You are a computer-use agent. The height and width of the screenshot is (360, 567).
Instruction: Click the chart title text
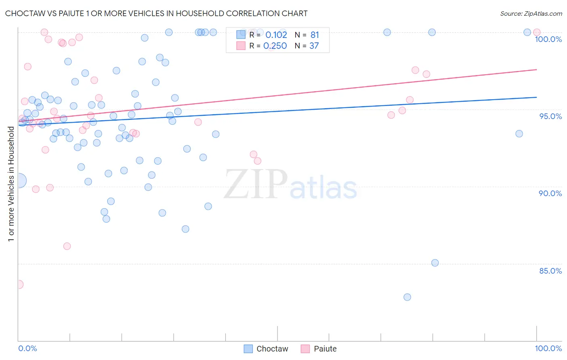point(156,13)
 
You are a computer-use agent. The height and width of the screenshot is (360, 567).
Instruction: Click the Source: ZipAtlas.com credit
point(531,13)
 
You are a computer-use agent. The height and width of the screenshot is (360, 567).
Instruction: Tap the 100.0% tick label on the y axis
point(548,39)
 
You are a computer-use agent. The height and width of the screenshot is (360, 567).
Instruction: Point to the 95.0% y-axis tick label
point(550,116)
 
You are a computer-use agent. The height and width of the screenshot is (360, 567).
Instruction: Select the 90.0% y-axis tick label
point(550,193)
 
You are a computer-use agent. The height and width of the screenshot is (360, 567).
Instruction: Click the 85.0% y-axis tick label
point(550,271)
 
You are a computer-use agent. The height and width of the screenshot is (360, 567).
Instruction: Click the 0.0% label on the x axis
point(27,348)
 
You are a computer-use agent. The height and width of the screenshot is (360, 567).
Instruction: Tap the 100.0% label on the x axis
point(548,348)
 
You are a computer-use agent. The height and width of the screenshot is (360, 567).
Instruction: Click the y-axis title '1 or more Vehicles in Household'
point(11,184)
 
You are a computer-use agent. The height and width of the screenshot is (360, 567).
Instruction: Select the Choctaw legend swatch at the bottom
point(248,349)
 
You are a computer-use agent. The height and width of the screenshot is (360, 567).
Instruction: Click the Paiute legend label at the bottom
point(325,349)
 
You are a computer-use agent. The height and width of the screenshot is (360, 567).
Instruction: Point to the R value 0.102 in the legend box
point(276,35)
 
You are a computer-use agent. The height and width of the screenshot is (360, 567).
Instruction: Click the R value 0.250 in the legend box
point(275,46)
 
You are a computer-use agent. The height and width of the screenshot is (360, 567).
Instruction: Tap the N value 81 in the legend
point(315,35)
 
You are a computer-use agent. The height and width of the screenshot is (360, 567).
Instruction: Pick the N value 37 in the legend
point(314,46)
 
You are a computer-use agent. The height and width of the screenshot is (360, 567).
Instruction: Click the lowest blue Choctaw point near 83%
point(407,297)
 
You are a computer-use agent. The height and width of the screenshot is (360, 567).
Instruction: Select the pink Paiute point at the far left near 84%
point(19,285)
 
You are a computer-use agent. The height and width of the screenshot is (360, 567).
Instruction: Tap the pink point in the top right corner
point(537,32)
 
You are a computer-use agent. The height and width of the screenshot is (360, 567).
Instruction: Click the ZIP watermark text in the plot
point(256,184)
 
